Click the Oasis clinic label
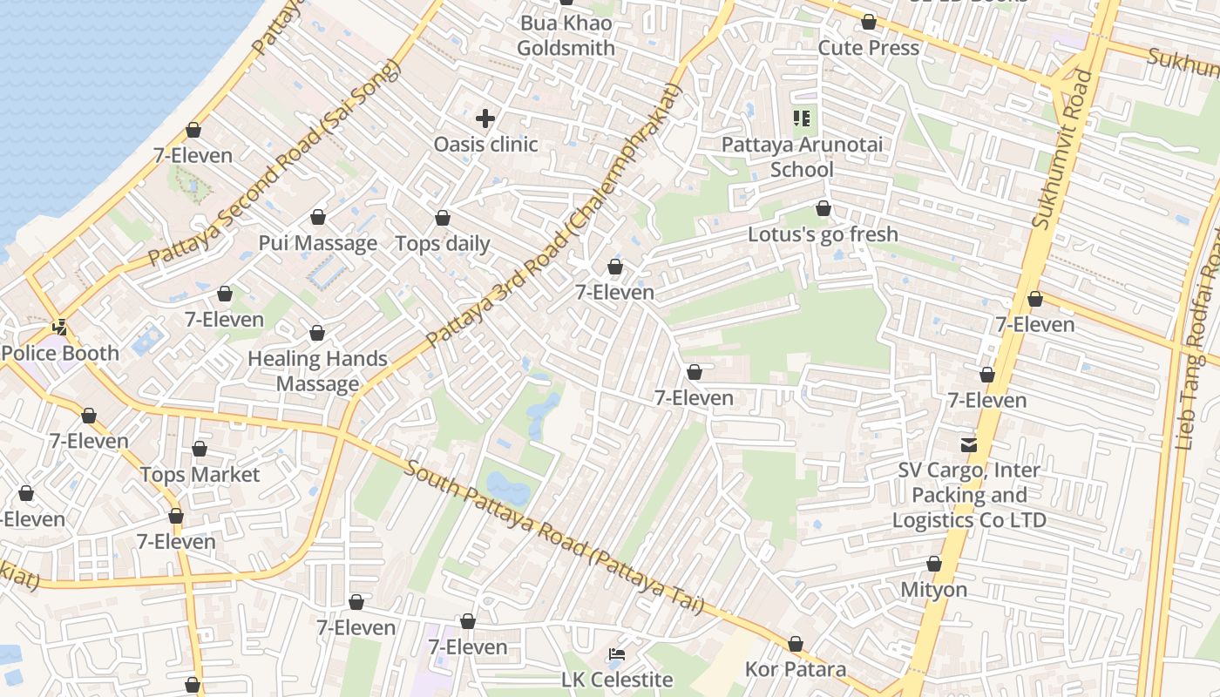(x=485, y=145)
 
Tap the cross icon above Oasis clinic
(x=485, y=118)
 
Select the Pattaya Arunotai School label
(x=802, y=157)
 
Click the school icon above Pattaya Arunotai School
(x=802, y=118)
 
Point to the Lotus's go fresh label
(x=823, y=234)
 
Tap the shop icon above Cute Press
(x=868, y=22)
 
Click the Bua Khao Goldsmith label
(x=566, y=36)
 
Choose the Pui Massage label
(x=318, y=243)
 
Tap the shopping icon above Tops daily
(x=443, y=218)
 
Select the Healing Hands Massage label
(x=317, y=371)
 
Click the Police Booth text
(x=60, y=353)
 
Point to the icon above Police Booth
(x=60, y=328)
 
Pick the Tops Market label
(x=200, y=475)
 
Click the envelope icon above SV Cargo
(x=969, y=445)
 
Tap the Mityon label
(x=933, y=590)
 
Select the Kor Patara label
(x=795, y=669)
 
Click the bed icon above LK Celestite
(x=616, y=653)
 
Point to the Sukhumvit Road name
(x=1062, y=150)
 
